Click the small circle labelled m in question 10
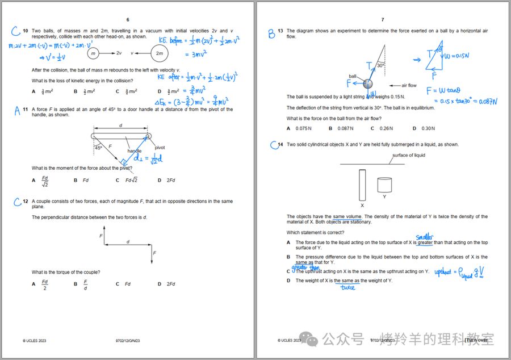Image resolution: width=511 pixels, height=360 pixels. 93,53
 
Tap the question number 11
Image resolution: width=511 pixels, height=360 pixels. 26,110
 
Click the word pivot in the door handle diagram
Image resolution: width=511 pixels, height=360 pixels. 160,148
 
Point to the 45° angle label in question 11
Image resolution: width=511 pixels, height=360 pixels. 98,148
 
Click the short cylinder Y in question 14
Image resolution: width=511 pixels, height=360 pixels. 384,185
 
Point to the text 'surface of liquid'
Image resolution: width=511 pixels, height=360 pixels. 409,155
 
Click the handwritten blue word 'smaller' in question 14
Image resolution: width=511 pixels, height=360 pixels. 424,237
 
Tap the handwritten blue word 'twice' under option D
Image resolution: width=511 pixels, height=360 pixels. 347,287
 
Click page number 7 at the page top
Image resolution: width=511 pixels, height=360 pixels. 383,20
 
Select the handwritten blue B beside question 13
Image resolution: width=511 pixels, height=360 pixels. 272,34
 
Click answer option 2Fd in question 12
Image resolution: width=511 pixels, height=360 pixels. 170,284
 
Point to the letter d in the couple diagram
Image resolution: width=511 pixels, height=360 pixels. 128,241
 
